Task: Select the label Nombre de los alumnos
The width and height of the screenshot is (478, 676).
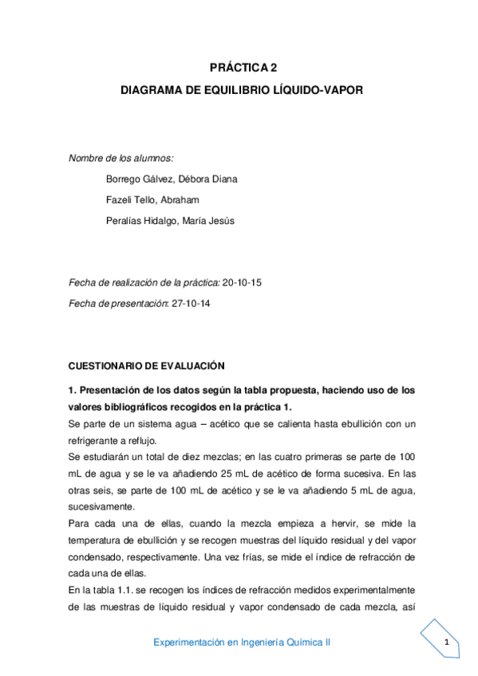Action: click(x=121, y=159)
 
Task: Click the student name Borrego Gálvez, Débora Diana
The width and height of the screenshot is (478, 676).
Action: click(x=172, y=179)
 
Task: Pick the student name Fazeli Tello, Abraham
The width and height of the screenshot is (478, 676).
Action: click(x=152, y=199)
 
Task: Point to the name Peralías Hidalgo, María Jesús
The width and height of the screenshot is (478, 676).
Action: click(x=170, y=220)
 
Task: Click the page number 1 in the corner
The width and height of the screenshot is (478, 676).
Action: click(x=448, y=643)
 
